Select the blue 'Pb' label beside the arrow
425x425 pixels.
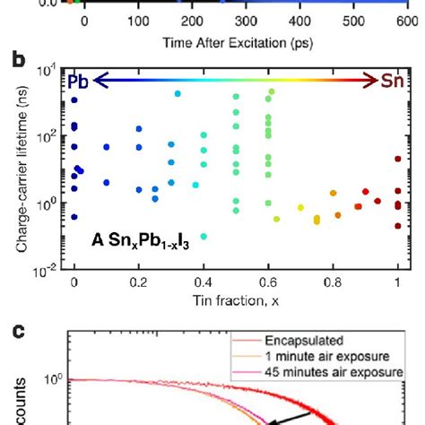(x=79, y=82)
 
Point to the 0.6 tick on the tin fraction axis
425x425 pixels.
(x=269, y=282)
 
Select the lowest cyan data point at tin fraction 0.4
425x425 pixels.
(x=204, y=237)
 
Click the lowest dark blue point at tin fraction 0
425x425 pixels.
(x=74, y=217)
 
